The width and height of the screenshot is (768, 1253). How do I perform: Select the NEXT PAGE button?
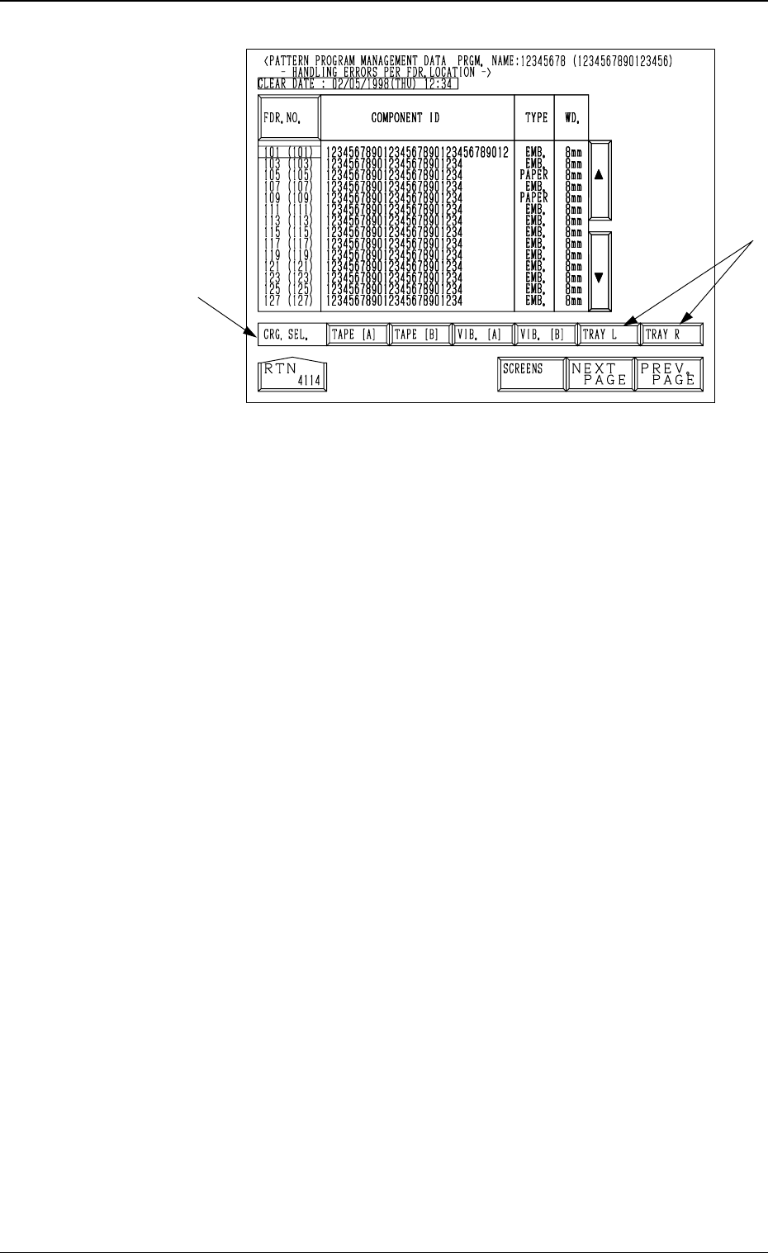click(x=600, y=375)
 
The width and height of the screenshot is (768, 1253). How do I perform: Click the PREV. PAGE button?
click(x=668, y=375)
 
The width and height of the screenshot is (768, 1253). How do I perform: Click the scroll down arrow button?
click(x=600, y=278)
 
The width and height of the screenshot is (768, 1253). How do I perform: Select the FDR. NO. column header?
click(x=288, y=118)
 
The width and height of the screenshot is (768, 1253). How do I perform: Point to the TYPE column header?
click(x=536, y=118)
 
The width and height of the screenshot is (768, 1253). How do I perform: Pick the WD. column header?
click(x=571, y=118)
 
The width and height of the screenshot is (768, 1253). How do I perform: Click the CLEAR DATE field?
click(x=358, y=83)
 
